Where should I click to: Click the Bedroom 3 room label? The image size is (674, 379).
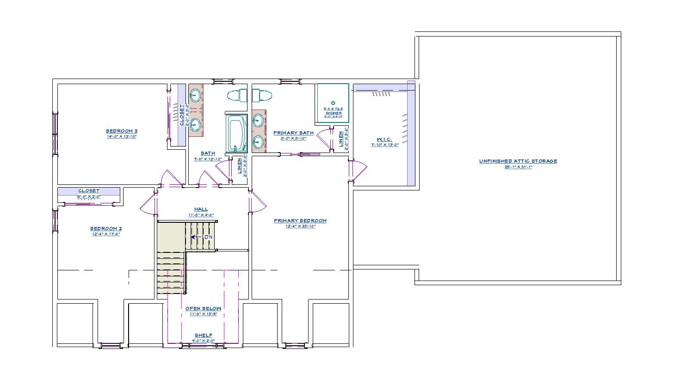point(121,131)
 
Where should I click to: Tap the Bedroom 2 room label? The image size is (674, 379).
point(105,228)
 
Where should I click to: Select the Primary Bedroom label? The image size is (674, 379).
point(300,220)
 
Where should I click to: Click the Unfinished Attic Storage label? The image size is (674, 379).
point(518,161)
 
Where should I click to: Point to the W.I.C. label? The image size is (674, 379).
point(384,140)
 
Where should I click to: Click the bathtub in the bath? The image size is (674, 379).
point(237,134)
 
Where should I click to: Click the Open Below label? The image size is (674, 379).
point(203,308)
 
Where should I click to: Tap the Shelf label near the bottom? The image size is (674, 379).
point(203,336)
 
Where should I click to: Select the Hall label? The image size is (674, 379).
point(201,209)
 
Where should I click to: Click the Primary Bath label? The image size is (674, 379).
point(293,133)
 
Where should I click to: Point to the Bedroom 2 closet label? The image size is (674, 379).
point(88,191)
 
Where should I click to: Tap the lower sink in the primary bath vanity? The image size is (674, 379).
point(259,141)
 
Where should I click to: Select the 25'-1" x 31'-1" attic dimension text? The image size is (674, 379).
point(518,167)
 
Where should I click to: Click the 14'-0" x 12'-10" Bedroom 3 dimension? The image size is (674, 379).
point(121,136)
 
